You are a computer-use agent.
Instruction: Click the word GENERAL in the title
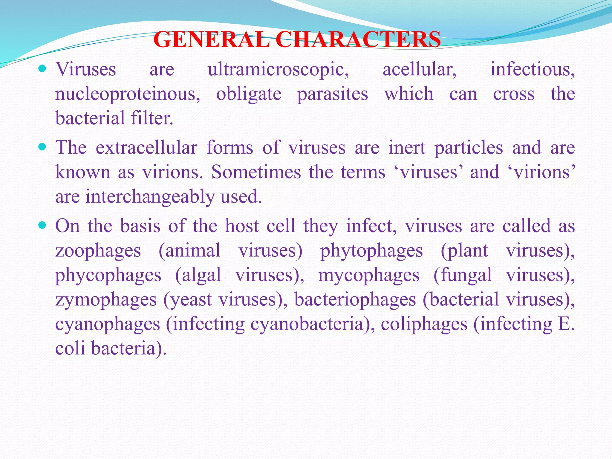click(212, 40)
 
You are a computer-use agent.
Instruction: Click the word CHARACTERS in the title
click(358, 40)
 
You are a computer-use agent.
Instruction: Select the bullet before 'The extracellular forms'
click(42, 147)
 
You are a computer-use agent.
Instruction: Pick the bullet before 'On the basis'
click(42, 225)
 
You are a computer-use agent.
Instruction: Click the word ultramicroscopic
click(278, 70)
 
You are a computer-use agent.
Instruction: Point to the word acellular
click(419, 69)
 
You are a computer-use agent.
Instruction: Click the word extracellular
click(146, 148)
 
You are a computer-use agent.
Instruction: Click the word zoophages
click(98, 251)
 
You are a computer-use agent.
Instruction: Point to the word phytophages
click(371, 251)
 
